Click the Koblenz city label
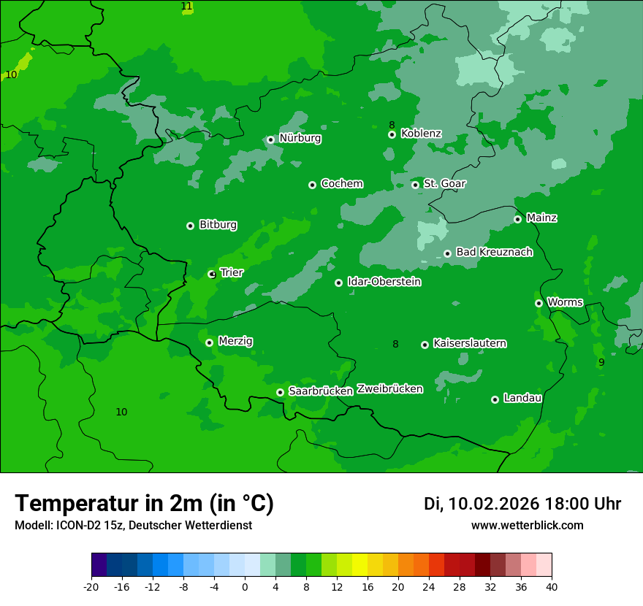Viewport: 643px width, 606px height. coord(421,134)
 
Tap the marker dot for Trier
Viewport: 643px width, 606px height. coord(212,275)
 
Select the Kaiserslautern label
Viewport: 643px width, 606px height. coord(469,343)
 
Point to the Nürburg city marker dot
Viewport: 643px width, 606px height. coord(271,139)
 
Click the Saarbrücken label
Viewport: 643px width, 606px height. coord(321,391)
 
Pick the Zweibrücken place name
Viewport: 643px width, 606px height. coord(389,389)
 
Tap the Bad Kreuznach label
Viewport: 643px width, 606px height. coord(494,252)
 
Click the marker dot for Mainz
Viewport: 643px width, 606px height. coord(517,219)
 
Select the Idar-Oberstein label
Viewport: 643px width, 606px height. coord(384,282)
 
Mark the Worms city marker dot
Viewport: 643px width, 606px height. coord(539,303)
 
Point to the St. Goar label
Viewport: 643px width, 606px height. coord(444,183)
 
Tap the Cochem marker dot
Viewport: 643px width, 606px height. coord(312,185)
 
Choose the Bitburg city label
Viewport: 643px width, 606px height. coord(218,225)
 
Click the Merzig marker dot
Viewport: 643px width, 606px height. coord(209,342)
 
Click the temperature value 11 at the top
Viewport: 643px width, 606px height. coord(186,7)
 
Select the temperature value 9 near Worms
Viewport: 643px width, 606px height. coord(601,362)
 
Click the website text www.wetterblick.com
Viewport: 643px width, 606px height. coord(527,526)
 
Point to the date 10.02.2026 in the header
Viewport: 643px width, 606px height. coord(493,504)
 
